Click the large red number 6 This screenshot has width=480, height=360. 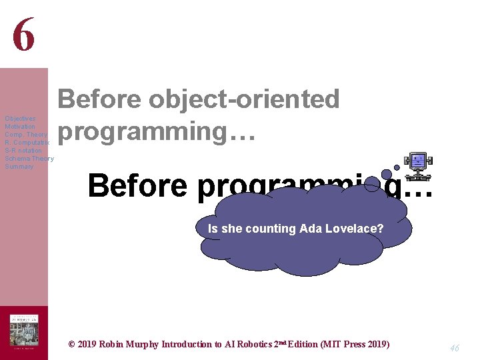click(23, 35)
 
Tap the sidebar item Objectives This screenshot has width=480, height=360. click(19, 119)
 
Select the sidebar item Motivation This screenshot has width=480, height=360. click(20, 127)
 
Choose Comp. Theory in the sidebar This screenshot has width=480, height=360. click(25, 135)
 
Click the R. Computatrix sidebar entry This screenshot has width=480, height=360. click(27, 143)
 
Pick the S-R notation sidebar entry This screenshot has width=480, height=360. click(23, 151)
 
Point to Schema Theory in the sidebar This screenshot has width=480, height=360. click(29, 159)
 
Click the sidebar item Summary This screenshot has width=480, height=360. click(19, 167)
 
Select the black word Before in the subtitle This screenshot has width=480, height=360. click(137, 185)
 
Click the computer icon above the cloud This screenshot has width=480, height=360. click(419, 163)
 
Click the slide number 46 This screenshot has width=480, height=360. click(455, 347)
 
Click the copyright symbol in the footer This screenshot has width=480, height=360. click(73, 345)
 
